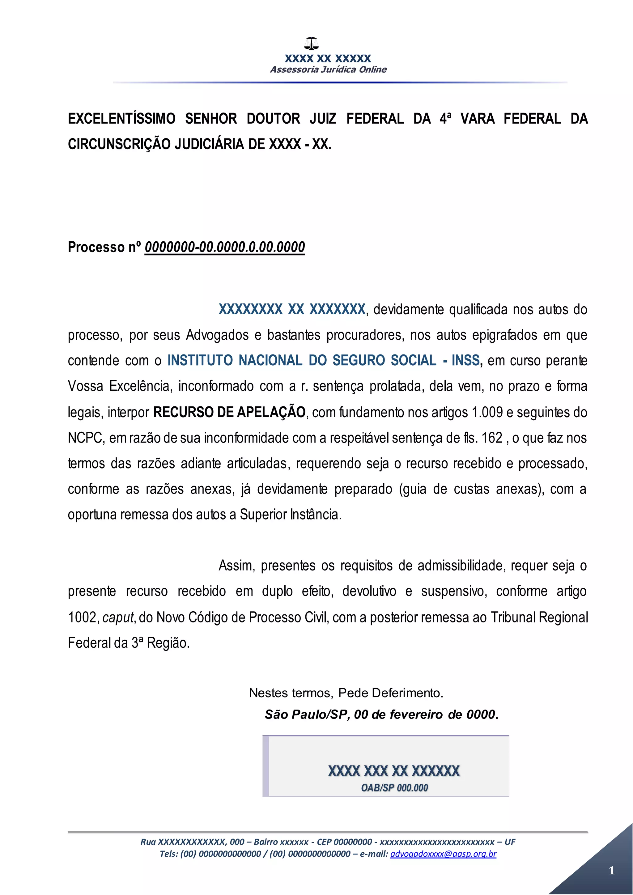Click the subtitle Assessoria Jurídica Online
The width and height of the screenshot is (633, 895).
(x=328, y=70)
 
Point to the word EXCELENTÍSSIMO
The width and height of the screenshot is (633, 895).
(x=121, y=118)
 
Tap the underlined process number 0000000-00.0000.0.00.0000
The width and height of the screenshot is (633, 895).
(x=224, y=247)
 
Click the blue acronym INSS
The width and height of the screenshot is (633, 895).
(x=465, y=360)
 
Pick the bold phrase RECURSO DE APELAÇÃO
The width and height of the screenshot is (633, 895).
(x=229, y=412)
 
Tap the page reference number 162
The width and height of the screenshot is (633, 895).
(x=492, y=438)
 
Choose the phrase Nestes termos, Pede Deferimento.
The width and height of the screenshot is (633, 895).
(x=346, y=693)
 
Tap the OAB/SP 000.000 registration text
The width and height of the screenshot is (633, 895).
(x=394, y=788)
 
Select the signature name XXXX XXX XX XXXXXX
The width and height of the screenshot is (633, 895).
(x=394, y=771)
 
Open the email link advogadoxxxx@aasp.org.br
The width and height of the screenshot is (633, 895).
(x=443, y=854)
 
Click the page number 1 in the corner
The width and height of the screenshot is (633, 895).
(x=612, y=871)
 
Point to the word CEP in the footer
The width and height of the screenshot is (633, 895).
(x=324, y=842)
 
